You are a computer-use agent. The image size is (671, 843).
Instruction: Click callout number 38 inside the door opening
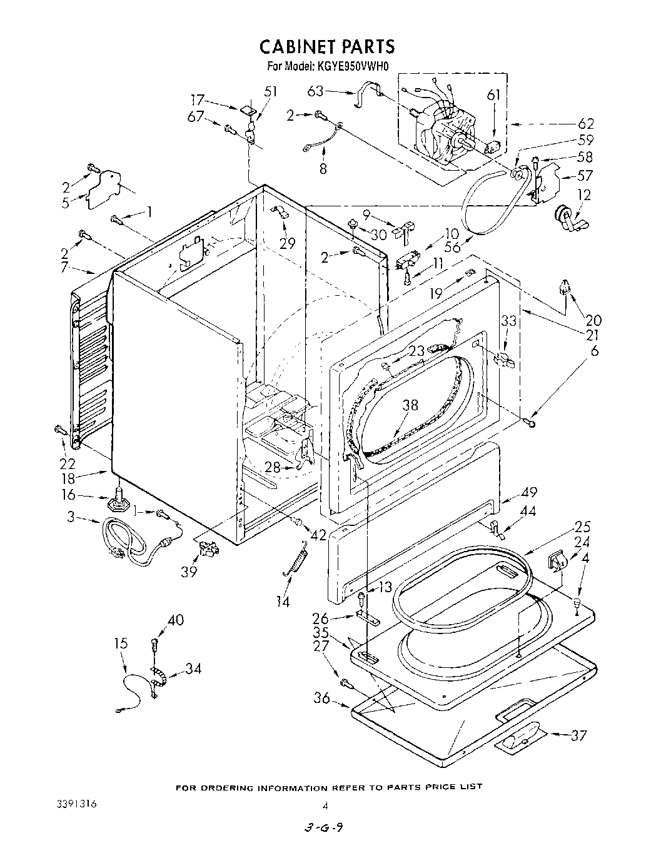410,405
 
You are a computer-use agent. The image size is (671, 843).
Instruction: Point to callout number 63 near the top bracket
315,91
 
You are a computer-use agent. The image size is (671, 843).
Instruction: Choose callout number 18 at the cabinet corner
68,478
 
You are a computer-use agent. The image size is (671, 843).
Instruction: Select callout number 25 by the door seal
582,526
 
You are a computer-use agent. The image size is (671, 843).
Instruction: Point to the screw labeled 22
60,431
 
